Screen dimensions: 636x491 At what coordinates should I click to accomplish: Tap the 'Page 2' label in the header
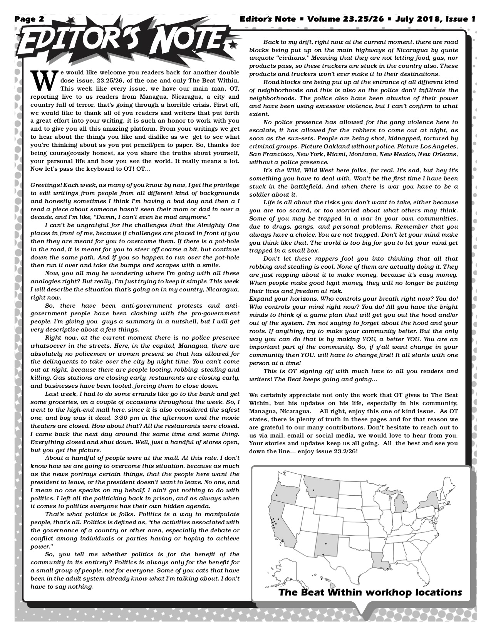[x=30, y=19]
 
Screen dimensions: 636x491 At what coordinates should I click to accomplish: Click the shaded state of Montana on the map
[x=321, y=486]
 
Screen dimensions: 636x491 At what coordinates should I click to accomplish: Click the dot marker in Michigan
[x=403, y=511]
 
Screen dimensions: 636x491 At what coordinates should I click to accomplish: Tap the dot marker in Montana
[x=314, y=490]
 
